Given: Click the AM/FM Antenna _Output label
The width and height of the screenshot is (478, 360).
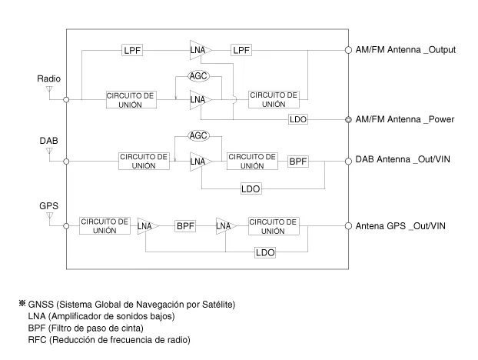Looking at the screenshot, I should coord(406,50).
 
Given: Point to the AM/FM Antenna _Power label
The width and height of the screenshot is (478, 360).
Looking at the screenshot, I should coord(405,119).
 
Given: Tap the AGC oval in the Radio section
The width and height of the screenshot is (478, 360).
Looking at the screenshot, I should coord(199,77).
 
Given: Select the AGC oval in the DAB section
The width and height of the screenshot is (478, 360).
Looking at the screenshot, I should coord(199,136).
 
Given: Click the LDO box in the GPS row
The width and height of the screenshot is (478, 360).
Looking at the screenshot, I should coord(266,252).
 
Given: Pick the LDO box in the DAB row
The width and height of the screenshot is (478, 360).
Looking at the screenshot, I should coord(251,188).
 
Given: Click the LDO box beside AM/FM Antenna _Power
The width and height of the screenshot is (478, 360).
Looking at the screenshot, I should coord(298,120).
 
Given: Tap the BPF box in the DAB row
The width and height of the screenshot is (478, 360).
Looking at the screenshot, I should coord(298,162).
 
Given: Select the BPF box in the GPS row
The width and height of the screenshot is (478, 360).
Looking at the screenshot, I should coord(185,226).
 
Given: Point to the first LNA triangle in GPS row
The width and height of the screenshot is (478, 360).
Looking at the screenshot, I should coord(146,226).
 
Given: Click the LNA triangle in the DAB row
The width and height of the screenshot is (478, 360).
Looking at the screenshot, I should coord(199,161).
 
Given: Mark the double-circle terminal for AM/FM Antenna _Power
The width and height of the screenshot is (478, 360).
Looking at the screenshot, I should coord(348,119).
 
